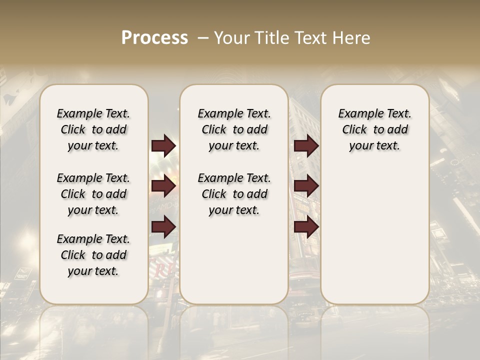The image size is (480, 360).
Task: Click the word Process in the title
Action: click(x=154, y=38)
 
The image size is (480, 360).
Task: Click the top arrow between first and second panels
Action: click(x=163, y=145)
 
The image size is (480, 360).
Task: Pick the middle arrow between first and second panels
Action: click(x=163, y=186)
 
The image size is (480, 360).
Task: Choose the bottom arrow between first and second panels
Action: click(x=163, y=227)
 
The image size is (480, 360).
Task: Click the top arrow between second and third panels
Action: click(x=306, y=145)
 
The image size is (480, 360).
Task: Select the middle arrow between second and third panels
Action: click(x=306, y=186)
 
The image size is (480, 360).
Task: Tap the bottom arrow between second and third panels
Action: click(x=306, y=227)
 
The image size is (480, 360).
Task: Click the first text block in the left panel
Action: click(x=93, y=129)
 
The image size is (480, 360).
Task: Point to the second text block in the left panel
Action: click(x=93, y=194)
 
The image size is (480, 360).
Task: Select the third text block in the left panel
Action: click(x=93, y=255)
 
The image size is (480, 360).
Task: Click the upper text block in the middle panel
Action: click(x=234, y=129)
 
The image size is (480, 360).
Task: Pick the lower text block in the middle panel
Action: click(x=234, y=194)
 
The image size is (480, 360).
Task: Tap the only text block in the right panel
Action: click(x=374, y=129)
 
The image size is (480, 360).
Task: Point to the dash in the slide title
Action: click(x=202, y=38)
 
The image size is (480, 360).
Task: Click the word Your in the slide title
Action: click(x=231, y=38)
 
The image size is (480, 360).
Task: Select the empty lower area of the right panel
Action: click(x=374, y=230)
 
